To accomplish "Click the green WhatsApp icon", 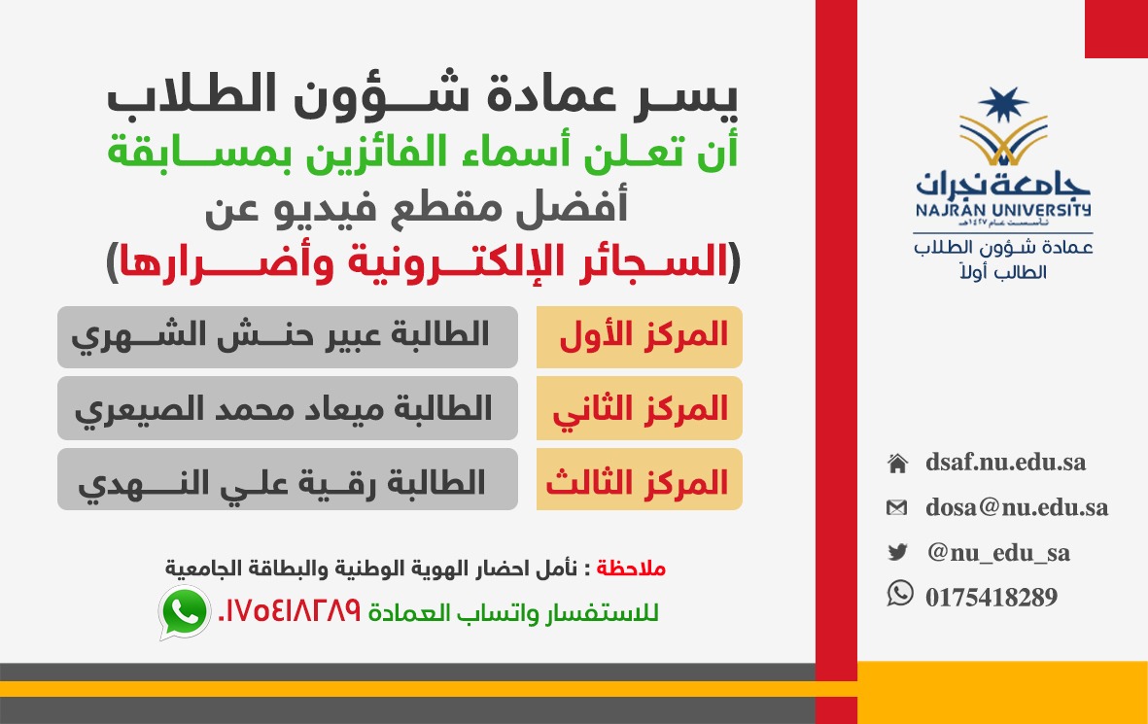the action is click(185, 613).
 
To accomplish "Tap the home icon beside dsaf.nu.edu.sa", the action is click(897, 464).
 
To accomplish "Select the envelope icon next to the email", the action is click(897, 507).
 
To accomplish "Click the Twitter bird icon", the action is click(897, 552).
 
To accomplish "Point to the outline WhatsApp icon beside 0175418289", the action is click(900, 593).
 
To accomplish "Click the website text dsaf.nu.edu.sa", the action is click(1005, 463).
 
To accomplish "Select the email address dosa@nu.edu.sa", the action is click(1016, 507).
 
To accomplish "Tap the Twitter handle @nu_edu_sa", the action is click(998, 553).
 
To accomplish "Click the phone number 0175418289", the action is click(991, 598).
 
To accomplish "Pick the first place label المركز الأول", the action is click(644, 336).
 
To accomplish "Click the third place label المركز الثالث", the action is click(637, 482).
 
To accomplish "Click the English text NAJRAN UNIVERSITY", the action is click(1003, 210).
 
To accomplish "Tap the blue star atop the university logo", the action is click(1003, 104).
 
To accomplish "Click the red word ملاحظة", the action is click(630, 569).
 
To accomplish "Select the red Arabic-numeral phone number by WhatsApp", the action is click(290, 610).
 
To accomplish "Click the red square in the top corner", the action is click(1117, 29).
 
